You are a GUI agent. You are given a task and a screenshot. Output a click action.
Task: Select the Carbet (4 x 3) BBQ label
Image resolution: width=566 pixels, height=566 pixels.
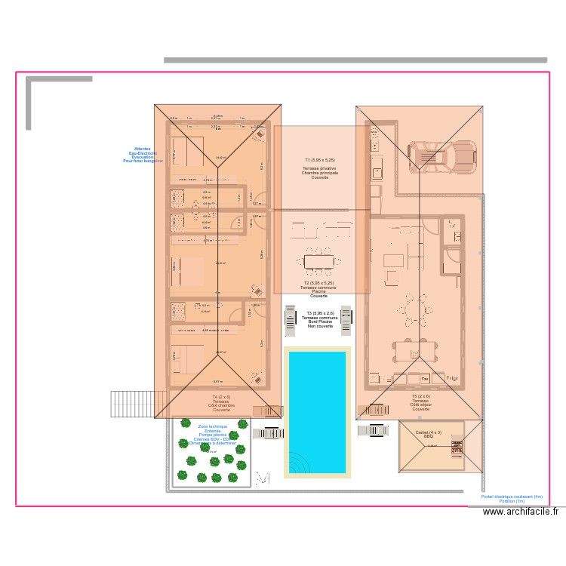428,435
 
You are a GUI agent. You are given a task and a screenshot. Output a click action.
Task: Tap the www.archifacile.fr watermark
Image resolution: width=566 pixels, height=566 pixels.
521,512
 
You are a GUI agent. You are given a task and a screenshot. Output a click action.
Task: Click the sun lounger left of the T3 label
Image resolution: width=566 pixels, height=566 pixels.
291,320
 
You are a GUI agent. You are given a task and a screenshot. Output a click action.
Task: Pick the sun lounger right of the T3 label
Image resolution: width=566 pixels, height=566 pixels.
346,320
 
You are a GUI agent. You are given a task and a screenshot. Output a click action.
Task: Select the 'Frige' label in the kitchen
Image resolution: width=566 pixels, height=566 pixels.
452,377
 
